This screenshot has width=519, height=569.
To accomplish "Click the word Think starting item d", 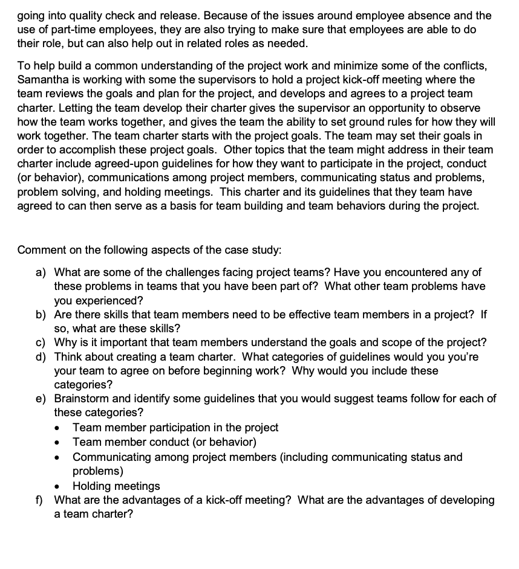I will click(68, 356).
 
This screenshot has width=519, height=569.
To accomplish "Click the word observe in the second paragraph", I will click(463, 108).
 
